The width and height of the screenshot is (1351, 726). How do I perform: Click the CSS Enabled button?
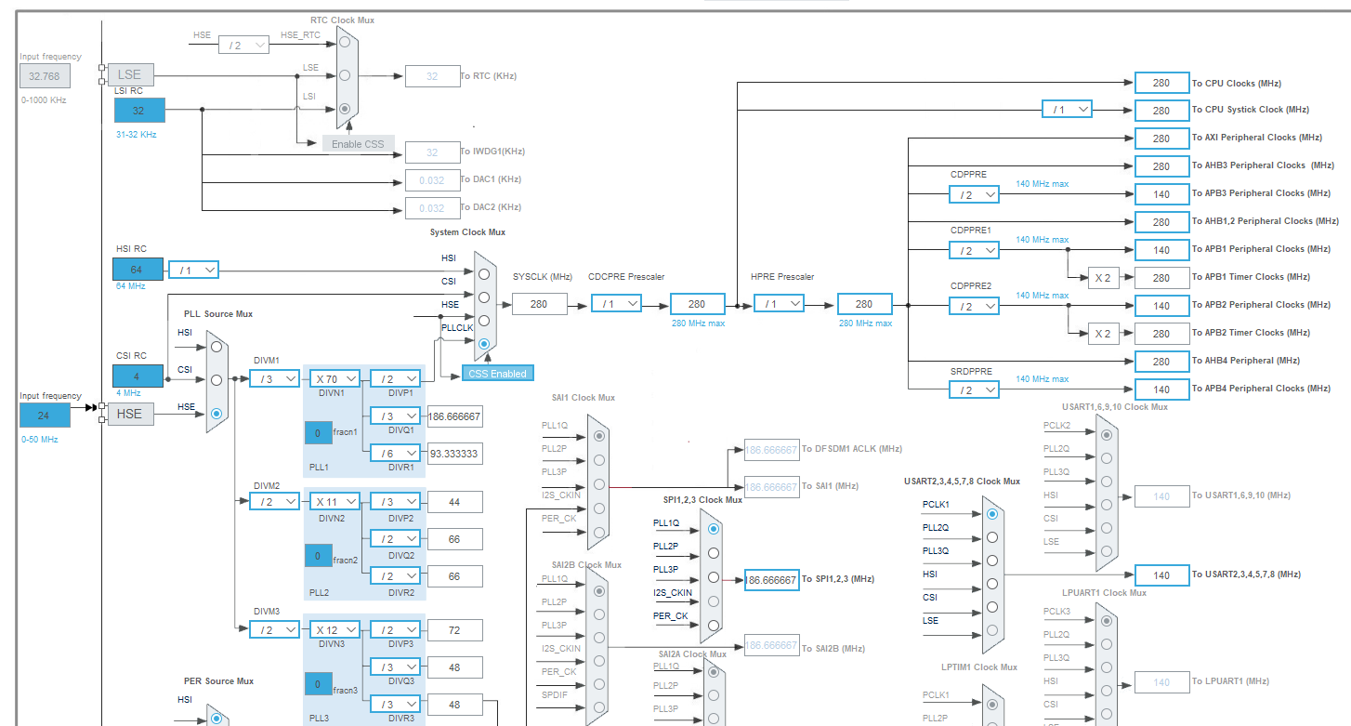click(498, 374)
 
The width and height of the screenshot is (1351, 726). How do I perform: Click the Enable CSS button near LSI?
click(358, 144)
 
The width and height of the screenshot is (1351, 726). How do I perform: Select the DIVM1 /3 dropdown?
click(274, 378)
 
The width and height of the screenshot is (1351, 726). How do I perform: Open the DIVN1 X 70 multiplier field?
click(334, 378)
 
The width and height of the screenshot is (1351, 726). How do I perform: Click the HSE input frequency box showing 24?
click(45, 415)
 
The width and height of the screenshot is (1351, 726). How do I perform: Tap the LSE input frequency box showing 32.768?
click(45, 76)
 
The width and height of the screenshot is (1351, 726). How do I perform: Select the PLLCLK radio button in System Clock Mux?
click(483, 344)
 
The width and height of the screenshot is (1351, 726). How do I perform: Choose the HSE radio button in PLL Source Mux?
click(216, 414)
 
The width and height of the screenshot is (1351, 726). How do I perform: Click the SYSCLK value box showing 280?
click(539, 304)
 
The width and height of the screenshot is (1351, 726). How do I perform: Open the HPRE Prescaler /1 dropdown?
click(779, 304)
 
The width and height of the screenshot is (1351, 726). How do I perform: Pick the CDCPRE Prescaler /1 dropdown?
click(616, 304)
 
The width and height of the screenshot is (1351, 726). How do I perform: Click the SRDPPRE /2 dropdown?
click(974, 389)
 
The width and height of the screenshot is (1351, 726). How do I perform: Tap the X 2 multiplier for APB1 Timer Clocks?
click(1103, 277)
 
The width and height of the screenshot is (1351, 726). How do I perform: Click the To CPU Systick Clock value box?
click(1161, 110)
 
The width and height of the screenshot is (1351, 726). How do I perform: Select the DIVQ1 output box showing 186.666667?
click(454, 416)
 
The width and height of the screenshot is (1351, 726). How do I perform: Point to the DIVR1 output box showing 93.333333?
click(454, 454)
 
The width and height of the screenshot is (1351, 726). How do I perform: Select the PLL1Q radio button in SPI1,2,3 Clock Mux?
click(713, 528)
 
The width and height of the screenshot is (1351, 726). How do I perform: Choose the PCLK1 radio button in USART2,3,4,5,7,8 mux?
click(992, 513)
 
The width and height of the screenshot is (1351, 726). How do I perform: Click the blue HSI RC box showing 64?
click(138, 270)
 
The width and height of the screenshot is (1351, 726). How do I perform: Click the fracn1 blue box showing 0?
click(318, 433)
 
